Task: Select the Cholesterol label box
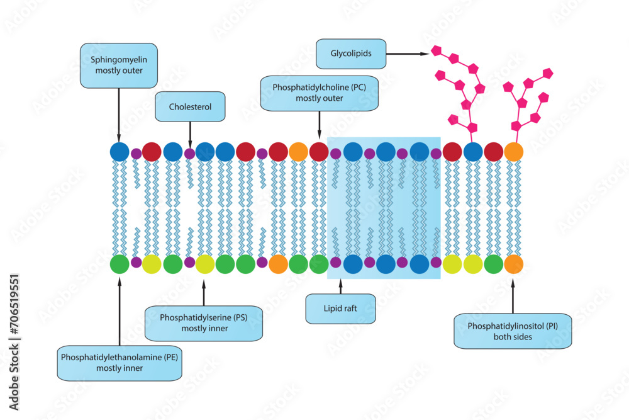point(190,107)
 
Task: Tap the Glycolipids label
point(351,54)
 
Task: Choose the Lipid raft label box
point(340,309)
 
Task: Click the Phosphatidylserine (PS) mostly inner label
point(203,323)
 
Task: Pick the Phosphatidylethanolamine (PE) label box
point(119,362)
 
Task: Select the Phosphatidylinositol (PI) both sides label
point(513,331)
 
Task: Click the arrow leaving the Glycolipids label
point(407,54)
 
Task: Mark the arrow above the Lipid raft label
point(340,287)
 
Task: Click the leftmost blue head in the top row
point(119,152)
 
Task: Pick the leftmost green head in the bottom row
point(119,264)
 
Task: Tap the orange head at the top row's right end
point(514,152)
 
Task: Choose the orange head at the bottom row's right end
point(514,264)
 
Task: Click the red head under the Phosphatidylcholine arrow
point(319,152)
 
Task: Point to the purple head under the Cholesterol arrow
point(190,153)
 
